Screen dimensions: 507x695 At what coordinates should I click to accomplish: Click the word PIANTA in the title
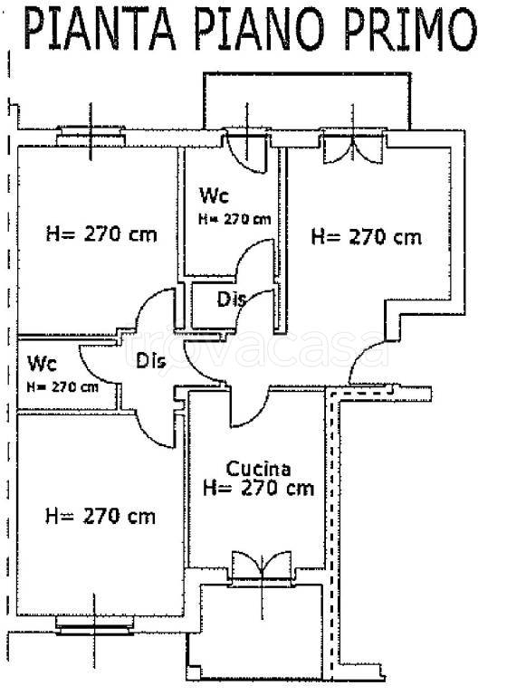coord(100,29)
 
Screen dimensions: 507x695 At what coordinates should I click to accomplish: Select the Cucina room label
coord(259,469)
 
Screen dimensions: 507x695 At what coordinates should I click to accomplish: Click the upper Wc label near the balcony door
coord(214,195)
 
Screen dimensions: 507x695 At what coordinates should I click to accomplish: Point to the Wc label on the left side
coord(43,364)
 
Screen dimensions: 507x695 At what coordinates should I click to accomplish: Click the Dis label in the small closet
coord(231,300)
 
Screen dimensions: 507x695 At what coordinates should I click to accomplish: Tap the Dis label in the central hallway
coord(151,361)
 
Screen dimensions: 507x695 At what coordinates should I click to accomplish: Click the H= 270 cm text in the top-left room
coord(101,233)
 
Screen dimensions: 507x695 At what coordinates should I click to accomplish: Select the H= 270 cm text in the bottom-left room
coord(100,517)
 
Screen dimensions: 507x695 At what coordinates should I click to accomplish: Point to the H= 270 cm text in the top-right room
coord(367,237)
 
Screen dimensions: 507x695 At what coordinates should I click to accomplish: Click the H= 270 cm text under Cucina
coord(259,489)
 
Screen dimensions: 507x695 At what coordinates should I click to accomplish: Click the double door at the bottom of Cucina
coord(262,565)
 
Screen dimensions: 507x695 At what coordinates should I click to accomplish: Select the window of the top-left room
coord(91,137)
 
